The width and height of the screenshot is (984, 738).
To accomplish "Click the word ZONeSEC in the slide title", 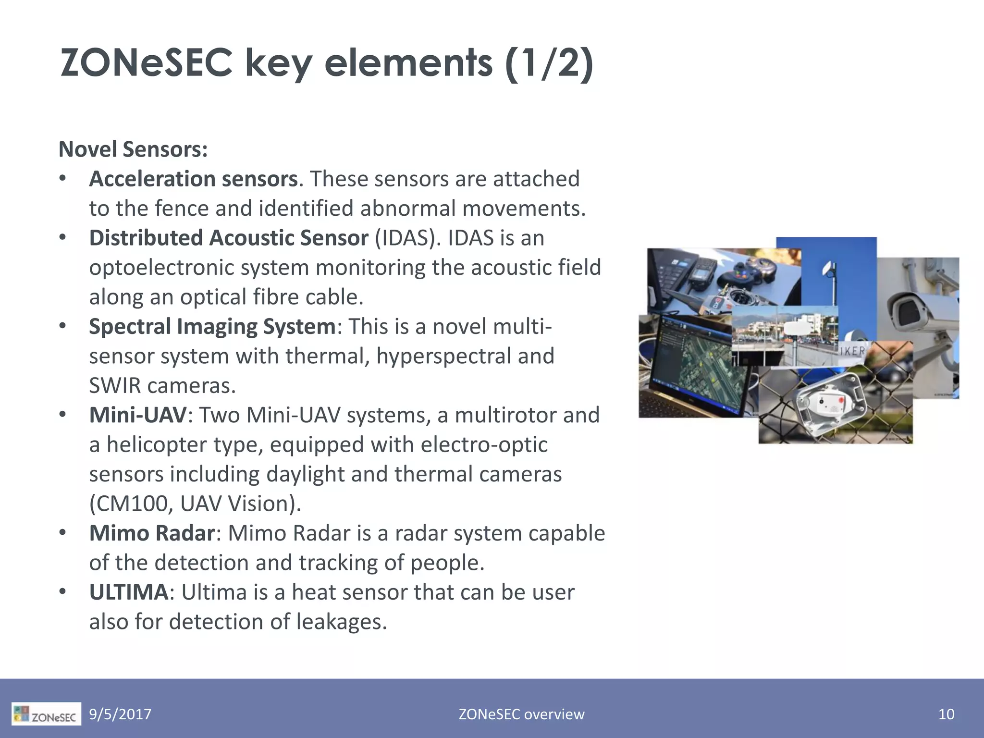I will [x=146, y=63].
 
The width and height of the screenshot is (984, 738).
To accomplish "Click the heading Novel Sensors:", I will [x=133, y=149].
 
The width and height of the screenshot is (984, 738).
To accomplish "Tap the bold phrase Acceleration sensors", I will [x=193, y=179].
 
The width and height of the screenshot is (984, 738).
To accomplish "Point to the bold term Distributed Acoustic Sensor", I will [x=229, y=238].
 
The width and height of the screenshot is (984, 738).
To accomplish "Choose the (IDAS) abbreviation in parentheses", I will [x=407, y=238].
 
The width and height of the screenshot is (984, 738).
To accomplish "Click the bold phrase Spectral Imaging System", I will [x=212, y=327].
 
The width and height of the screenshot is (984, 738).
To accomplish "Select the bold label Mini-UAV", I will [x=137, y=415].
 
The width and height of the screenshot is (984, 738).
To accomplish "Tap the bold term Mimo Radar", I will [x=151, y=533].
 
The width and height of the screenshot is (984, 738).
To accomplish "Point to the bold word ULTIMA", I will [x=129, y=592].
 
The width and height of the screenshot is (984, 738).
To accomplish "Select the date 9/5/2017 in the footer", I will [x=120, y=714].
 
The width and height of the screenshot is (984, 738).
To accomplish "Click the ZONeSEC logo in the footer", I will [x=46, y=714].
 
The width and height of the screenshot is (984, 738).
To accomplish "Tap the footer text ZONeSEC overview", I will [x=521, y=714].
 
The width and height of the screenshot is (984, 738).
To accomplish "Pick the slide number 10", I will [x=946, y=714].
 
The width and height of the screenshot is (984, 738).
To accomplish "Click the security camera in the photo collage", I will [x=913, y=312].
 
